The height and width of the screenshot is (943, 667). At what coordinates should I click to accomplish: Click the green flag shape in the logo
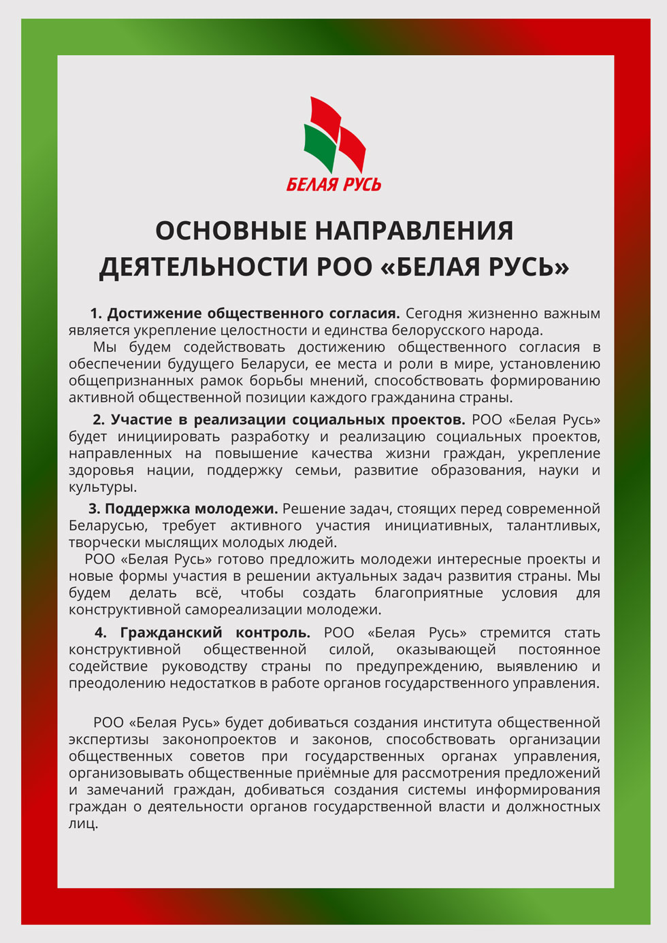[320, 146]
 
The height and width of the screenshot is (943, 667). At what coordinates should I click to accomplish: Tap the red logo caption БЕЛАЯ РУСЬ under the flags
[333, 184]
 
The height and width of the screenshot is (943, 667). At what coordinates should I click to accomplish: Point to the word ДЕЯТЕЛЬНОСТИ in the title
[204, 267]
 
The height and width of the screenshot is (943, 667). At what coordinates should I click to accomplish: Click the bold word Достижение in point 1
[154, 314]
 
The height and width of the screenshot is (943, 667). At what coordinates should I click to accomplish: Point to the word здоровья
[101, 471]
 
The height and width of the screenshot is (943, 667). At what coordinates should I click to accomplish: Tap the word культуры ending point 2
[102, 488]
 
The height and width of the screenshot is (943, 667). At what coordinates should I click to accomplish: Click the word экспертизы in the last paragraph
[108, 740]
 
